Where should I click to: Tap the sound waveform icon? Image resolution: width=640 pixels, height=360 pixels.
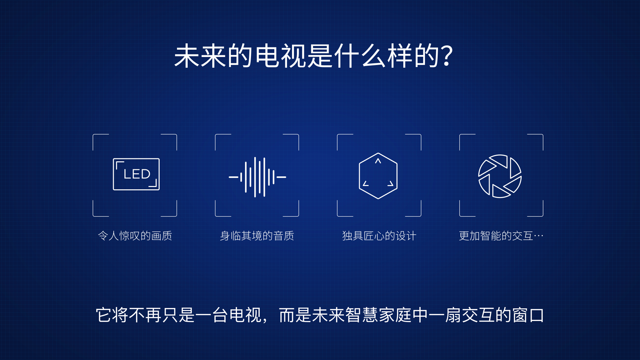pyautogui.click(x=257, y=177)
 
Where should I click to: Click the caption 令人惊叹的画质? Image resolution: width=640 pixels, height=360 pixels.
pyautogui.click(x=135, y=236)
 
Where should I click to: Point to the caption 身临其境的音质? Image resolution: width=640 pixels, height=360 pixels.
pyautogui.click(x=257, y=236)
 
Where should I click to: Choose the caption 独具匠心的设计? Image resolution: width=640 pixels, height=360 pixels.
pyautogui.click(x=379, y=236)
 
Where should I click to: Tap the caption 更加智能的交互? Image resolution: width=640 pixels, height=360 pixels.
pyautogui.click(x=496, y=236)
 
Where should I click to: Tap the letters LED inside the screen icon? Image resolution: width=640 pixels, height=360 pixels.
pyautogui.click(x=137, y=174)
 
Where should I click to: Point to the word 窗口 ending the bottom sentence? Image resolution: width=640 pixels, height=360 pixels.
pyautogui.click(x=528, y=315)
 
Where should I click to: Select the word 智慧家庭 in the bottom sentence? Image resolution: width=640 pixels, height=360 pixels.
pyautogui.click(x=378, y=315)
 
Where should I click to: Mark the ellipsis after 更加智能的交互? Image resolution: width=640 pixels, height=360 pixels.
pyautogui.click(x=538, y=236)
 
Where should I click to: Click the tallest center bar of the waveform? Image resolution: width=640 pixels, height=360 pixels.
pyautogui.click(x=255, y=177)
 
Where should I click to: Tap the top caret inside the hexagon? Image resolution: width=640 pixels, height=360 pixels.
pyautogui.click(x=378, y=161)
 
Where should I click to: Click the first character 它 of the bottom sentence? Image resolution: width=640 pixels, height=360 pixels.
pyautogui.click(x=104, y=315)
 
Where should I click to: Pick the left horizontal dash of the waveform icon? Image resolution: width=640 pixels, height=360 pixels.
pyautogui.click(x=233, y=177)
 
